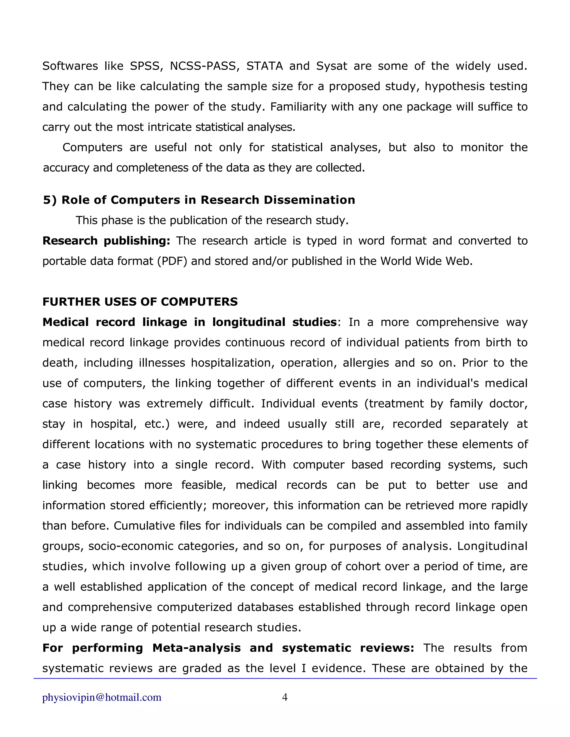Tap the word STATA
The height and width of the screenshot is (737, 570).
point(264,66)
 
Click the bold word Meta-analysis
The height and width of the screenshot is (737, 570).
point(196,648)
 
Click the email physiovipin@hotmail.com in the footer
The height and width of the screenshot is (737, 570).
point(102,698)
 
